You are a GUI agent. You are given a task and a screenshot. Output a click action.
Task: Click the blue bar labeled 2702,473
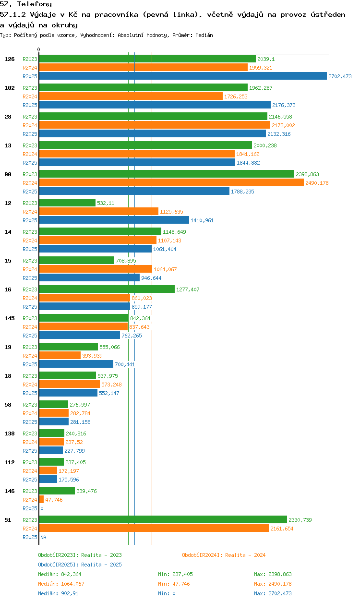point(183,76)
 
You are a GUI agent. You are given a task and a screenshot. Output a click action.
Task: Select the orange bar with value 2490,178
point(171,183)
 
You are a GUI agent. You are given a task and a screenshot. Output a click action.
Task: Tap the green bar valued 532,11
point(67,203)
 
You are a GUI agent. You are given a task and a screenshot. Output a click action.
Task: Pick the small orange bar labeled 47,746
point(41,500)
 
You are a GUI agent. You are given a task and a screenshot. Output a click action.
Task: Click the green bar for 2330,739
point(163,520)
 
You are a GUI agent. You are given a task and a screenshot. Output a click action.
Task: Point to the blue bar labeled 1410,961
point(114,220)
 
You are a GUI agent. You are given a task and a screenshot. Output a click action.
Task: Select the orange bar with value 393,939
point(60,356)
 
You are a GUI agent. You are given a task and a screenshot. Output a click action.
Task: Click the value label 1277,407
point(188,289)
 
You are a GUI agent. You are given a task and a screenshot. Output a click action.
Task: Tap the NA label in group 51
point(43,537)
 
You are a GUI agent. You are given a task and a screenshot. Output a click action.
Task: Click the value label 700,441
point(125,364)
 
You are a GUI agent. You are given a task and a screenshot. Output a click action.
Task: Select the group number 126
point(10,59)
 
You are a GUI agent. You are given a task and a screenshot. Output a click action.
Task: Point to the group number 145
point(10,318)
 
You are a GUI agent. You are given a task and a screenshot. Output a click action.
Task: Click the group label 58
point(8,405)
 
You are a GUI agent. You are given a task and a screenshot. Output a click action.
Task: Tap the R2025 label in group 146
point(30,508)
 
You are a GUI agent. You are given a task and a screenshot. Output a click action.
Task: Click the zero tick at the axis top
point(39,49)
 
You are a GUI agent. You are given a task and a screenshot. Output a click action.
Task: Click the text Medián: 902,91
point(58,593)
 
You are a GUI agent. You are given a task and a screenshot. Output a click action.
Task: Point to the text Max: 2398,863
point(273,574)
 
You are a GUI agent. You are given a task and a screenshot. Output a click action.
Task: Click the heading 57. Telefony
point(26,4)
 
